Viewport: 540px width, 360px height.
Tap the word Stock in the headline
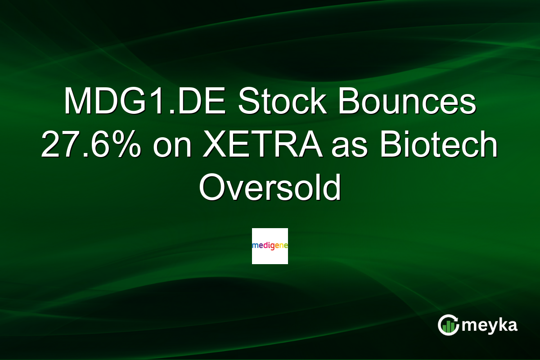[282, 100]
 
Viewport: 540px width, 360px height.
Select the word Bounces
[407, 100]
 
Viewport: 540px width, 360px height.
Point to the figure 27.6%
[91, 144]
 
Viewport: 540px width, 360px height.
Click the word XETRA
[263, 144]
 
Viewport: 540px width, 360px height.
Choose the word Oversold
[270, 187]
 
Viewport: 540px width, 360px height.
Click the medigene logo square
[270, 246]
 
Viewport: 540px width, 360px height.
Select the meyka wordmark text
[490, 325]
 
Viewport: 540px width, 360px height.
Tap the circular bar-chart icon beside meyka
[448, 325]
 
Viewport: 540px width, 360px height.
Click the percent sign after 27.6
[129, 144]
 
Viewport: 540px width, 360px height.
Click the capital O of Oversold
[211, 187]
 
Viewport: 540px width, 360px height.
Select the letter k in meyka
[500, 324]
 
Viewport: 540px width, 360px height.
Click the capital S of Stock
[249, 100]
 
